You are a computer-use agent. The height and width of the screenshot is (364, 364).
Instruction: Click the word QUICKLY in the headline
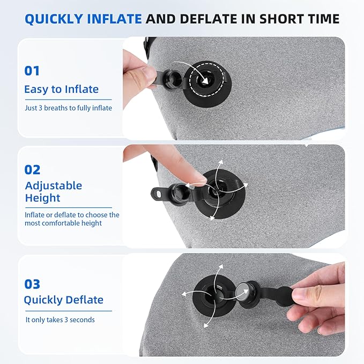point(54,19)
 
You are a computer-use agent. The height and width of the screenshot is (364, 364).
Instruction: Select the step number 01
point(32,71)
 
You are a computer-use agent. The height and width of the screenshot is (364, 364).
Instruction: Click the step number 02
point(32,170)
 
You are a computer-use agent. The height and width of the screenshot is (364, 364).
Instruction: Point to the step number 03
point(32,284)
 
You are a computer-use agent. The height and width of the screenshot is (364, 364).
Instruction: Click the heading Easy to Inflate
point(62,90)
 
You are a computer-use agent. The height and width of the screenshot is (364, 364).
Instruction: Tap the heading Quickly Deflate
point(64,300)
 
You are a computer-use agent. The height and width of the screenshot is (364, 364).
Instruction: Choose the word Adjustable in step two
point(54,185)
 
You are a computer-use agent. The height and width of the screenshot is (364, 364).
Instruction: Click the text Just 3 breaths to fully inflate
point(69,108)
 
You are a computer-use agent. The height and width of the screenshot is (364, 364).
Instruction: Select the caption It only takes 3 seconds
point(60,320)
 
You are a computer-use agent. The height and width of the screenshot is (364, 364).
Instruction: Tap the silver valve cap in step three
point(242,292)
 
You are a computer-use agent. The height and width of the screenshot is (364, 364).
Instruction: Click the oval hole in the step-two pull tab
point(159,193)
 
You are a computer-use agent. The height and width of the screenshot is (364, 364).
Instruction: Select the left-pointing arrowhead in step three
point(184,294)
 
